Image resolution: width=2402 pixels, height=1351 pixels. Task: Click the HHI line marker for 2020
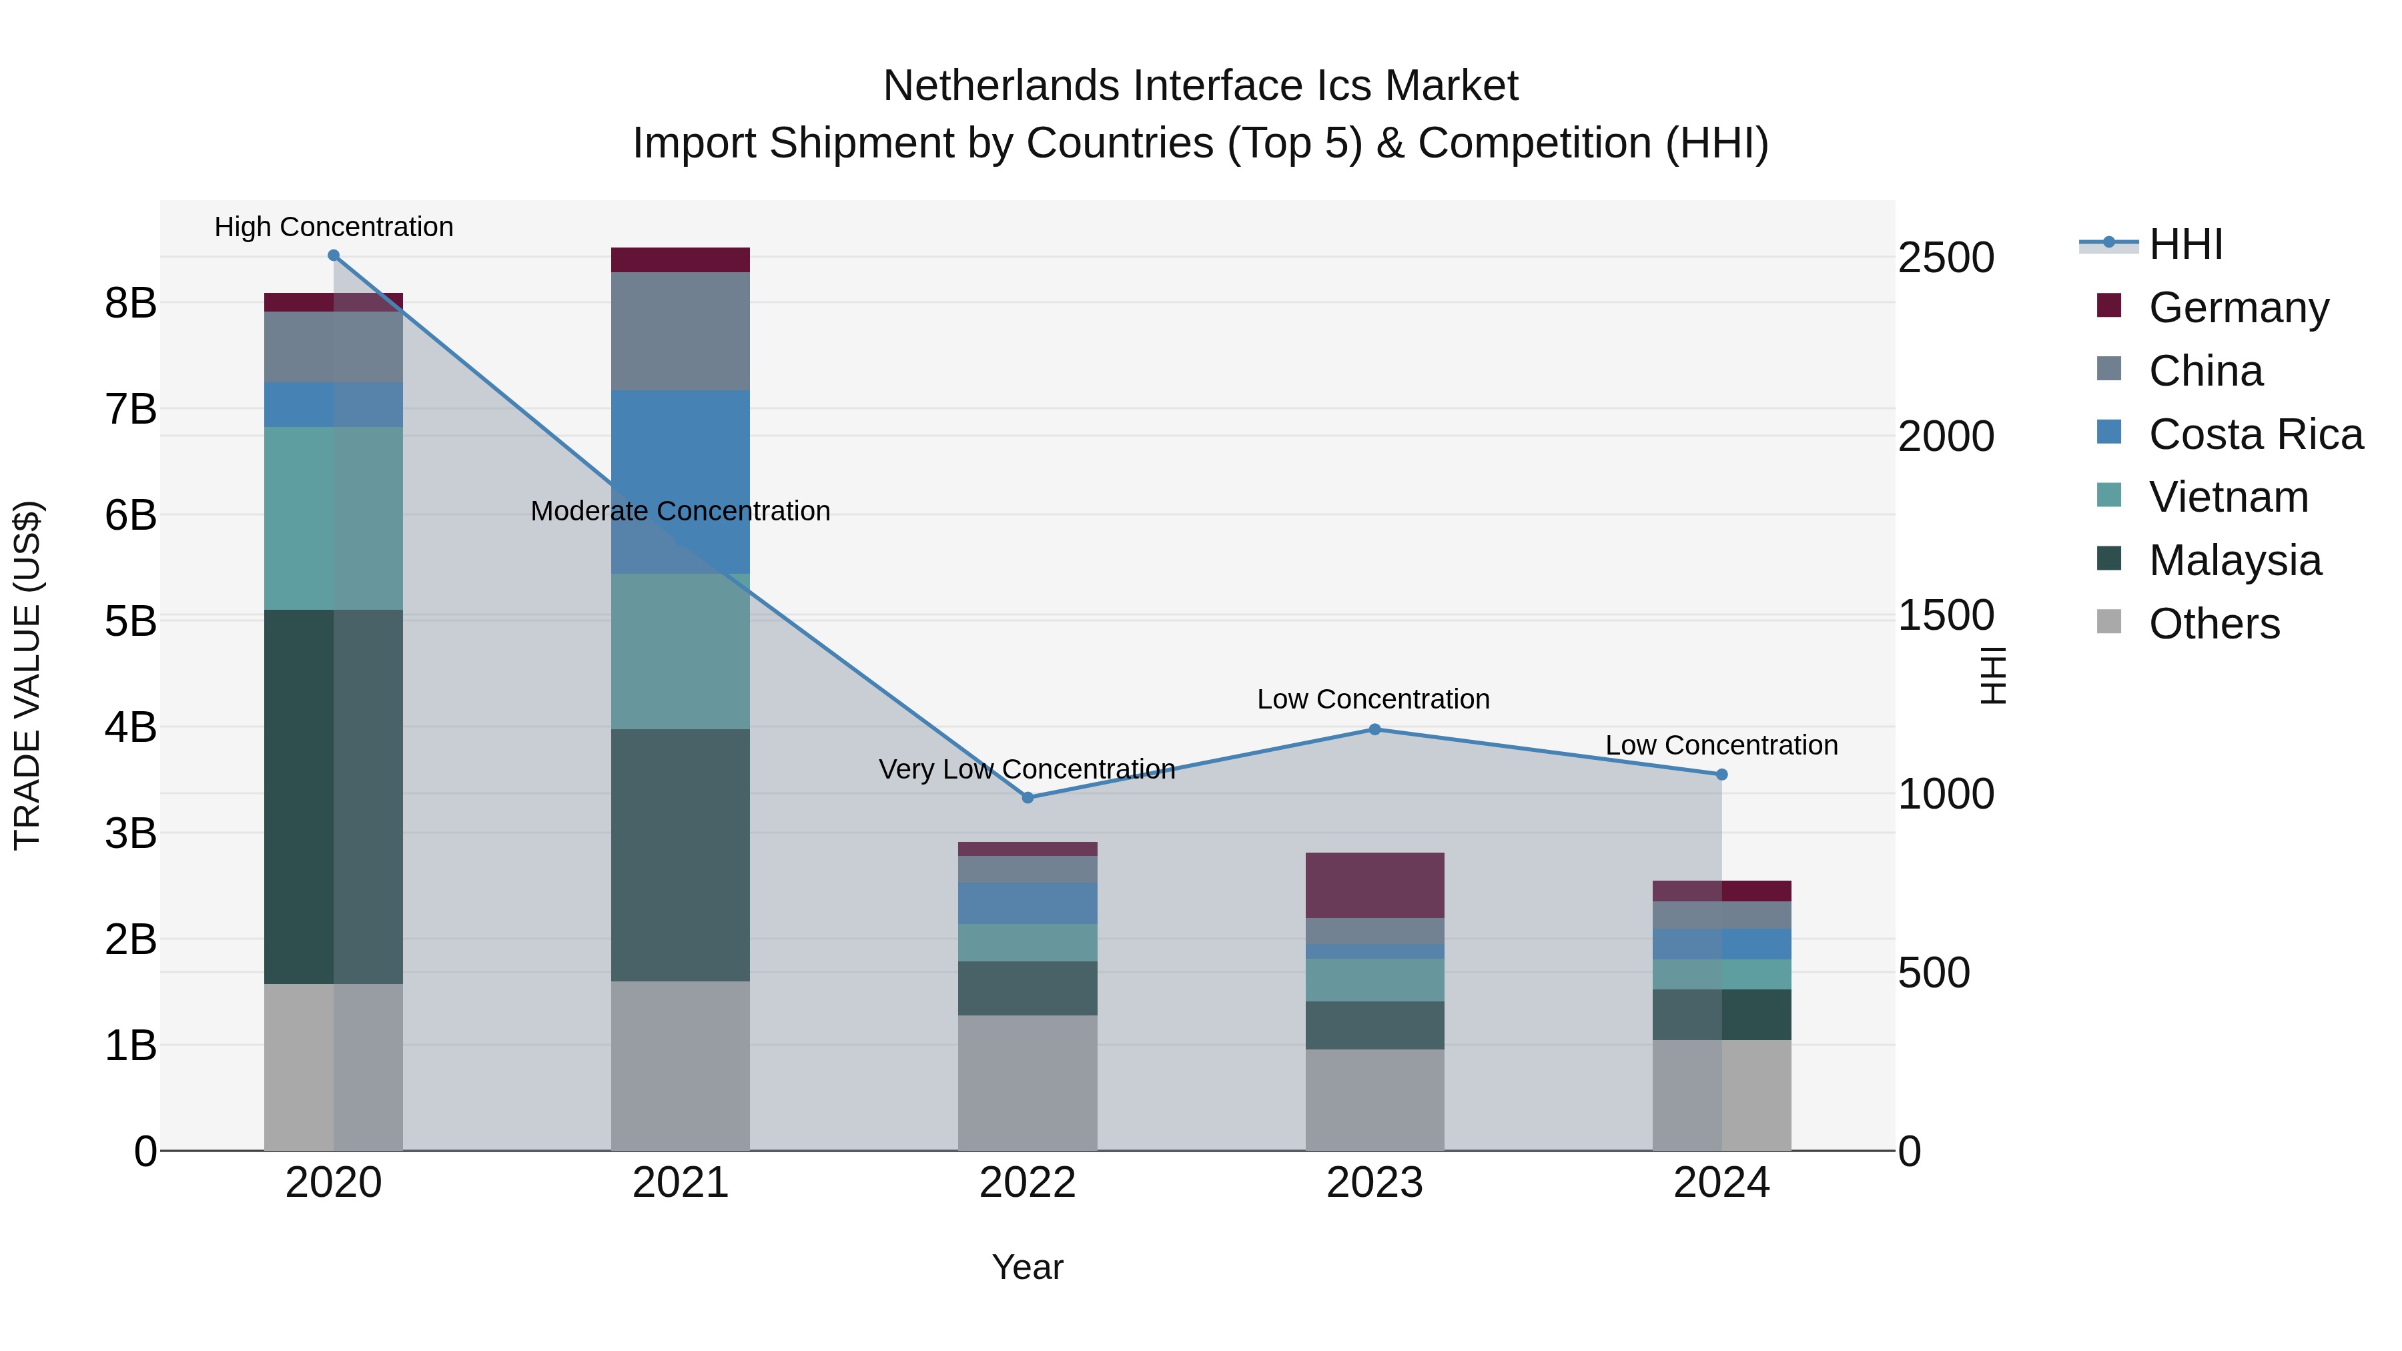(333, 256)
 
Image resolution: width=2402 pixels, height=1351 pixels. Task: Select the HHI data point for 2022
(1028, 797)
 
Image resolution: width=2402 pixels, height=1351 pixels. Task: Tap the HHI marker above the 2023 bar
(1374, 729)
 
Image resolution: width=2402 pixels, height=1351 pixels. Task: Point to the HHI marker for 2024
(1721, 774)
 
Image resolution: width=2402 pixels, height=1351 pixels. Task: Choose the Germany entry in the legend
(2238, 308)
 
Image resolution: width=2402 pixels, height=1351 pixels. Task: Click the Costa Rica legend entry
(2255, 434)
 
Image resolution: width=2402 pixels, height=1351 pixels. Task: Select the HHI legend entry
(2184, 244)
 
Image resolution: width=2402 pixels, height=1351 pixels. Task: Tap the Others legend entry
(2214, 624)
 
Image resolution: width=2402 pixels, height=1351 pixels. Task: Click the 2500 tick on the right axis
(1946, 258)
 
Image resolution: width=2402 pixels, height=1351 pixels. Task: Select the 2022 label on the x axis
(1028, 1183)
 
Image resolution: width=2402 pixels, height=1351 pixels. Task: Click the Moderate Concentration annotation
(680, 511)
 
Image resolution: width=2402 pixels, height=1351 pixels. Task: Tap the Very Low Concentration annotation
(1027, 769)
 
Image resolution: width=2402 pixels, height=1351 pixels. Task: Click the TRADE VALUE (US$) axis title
(28, 675)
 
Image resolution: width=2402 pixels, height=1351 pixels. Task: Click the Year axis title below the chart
(1028, 1267)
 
